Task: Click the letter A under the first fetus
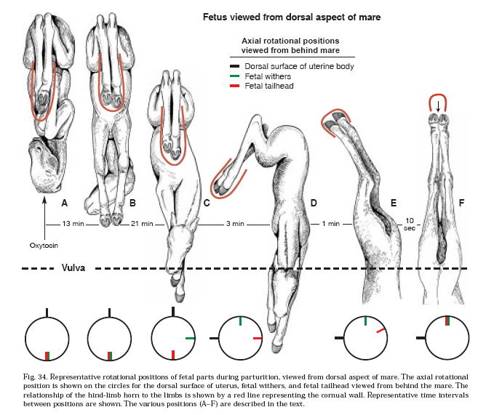coord(64,204)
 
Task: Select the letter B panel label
coord(133,204)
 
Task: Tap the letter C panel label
coord(207,204)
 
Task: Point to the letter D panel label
coord(314,204)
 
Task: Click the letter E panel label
coord(393,204)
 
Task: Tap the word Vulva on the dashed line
coord(74,267)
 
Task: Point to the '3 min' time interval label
coord(234,224)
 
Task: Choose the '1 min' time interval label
coord(332,224)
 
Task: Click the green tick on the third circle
coord(191,339)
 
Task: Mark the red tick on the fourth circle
coord(256,339)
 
